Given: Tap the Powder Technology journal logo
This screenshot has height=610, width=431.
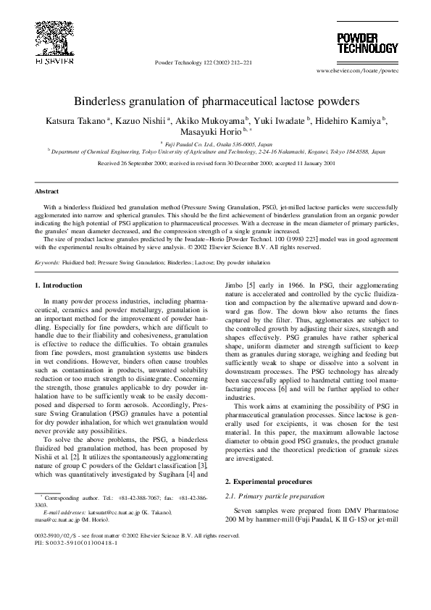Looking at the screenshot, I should (x=367, y=43).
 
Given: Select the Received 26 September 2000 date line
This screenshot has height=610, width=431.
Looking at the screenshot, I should (x=215, y=164).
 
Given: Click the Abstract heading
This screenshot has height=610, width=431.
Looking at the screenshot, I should (x=48, y=192).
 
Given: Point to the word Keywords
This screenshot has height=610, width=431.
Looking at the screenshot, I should (x=48, y=263).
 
